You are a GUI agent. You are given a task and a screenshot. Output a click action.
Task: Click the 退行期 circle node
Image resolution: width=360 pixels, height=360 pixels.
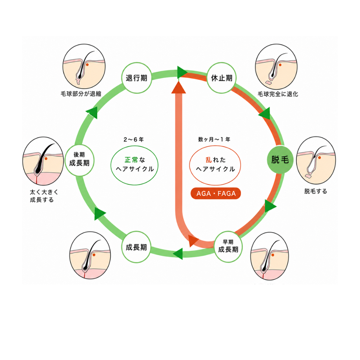click(x=136, y=78)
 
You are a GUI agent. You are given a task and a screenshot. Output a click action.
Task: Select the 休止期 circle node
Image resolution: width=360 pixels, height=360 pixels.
click(x=222, y=78)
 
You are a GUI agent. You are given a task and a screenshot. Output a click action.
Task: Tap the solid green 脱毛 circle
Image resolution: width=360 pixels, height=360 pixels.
click(x=280, y=160)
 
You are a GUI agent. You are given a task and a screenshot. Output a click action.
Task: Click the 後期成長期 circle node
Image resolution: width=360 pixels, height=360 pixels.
click(x=79, y=160)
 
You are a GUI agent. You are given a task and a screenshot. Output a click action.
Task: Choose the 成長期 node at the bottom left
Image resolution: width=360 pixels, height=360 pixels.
click(x=136, y=247)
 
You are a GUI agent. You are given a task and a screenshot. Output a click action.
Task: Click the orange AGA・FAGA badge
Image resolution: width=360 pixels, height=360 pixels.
click(x=216, y=193)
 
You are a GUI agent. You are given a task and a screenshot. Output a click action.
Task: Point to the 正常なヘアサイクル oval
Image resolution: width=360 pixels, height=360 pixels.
click(x=135, y=165)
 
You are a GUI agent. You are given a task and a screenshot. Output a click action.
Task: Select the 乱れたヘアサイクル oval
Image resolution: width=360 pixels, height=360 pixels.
click(x=215, y=165)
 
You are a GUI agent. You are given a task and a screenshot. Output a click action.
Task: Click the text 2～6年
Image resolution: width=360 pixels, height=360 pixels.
click(x=134, y=139)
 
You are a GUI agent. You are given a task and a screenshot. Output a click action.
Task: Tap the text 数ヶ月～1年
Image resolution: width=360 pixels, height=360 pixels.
click(x=214, y=139)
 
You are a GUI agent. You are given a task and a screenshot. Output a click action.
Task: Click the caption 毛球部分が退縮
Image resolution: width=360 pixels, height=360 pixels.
click(x=81, y=94)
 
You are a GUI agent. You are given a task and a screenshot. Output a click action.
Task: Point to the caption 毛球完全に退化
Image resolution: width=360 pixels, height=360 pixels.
click(x=278, y=94)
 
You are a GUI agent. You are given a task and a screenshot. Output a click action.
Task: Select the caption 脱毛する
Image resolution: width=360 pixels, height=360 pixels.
click(x=316, y=191)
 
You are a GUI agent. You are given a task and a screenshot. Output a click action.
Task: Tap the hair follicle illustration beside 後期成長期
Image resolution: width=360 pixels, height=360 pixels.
click(x=43, y=161)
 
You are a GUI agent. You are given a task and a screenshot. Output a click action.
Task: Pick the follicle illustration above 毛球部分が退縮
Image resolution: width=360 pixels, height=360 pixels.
click(x=84, y=66)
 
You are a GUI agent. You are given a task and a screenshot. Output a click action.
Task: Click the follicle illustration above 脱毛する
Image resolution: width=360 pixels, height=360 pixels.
click(x=316, y=160)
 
